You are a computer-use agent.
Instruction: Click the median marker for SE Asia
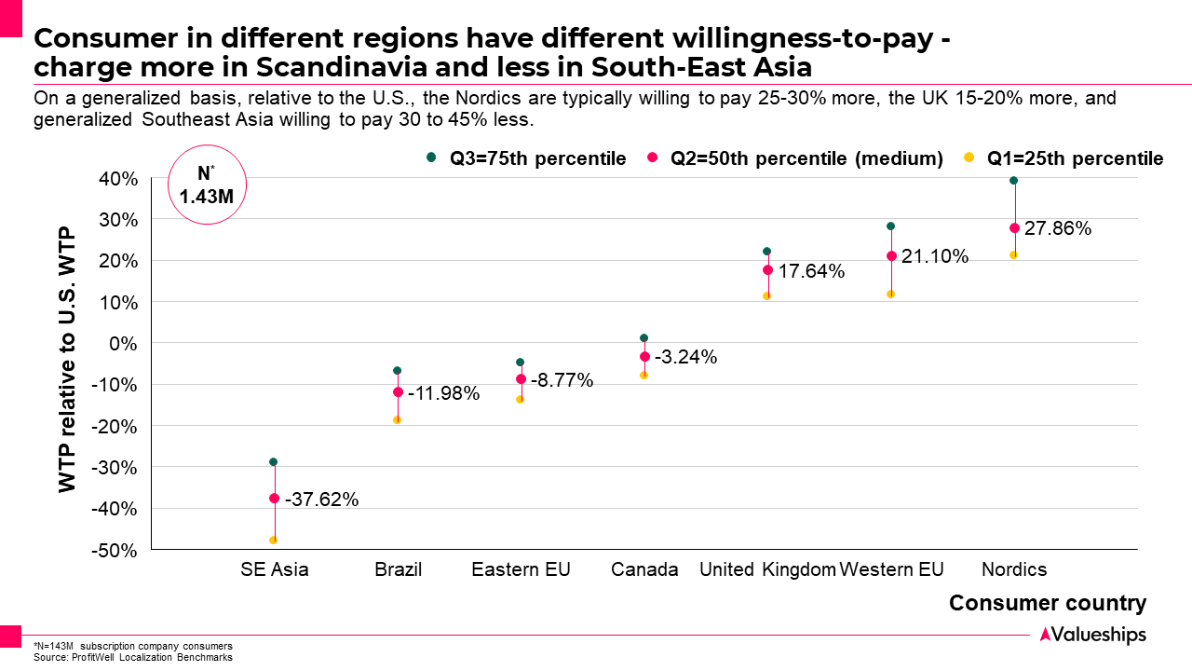[x=274, y=499]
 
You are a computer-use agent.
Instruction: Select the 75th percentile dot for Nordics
[x=1014, y=181]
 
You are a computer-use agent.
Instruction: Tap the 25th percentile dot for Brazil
[x=398, y=419]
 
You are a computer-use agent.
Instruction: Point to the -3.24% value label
[x=686, y=357]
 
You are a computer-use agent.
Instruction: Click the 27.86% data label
[x=1058, y=228]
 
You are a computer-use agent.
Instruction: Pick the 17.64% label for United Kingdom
[x=811, y=271]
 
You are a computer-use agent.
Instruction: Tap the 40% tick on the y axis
[x=118, y=179]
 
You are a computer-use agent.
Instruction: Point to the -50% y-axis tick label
[x=115, y=550]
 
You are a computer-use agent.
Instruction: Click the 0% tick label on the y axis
[x=124, y=343]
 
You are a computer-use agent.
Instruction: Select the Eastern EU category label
[x=521, y=569]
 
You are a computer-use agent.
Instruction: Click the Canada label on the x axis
[x=644, y=569]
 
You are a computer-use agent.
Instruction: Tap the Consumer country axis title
[x=1048, y=603]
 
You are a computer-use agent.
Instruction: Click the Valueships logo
[x=1092, y=635]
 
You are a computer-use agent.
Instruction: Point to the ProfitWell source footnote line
[x=132, y=657]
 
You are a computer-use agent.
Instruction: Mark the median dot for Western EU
[x=891, y=256]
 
